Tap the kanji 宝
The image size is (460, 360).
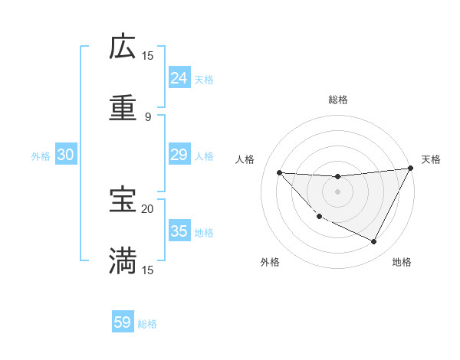coord(123,200)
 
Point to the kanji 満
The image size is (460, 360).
coord(123,260)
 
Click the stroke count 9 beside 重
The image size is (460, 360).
coord(148,116)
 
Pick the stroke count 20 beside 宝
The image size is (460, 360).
coord(148,208)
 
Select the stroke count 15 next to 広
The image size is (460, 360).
coord(148,56)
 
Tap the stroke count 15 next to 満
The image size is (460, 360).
coord(148,270)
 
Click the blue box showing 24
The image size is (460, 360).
coord(179,77)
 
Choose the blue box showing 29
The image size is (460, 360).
coord(179,155)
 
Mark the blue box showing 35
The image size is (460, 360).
coord(179,231)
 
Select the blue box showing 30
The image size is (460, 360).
coord(66,155)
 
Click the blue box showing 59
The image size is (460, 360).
coord(123,322)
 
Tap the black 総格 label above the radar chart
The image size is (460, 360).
coord(338,100)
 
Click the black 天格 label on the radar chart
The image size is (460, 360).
coord(431,159)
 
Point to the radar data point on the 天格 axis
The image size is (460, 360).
coord(410,169)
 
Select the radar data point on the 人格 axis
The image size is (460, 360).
coord(280,172)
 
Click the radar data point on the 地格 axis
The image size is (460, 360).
coord(374,242)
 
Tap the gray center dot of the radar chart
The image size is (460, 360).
coord(337,191)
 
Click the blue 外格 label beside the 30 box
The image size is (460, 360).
coord(41,155)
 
